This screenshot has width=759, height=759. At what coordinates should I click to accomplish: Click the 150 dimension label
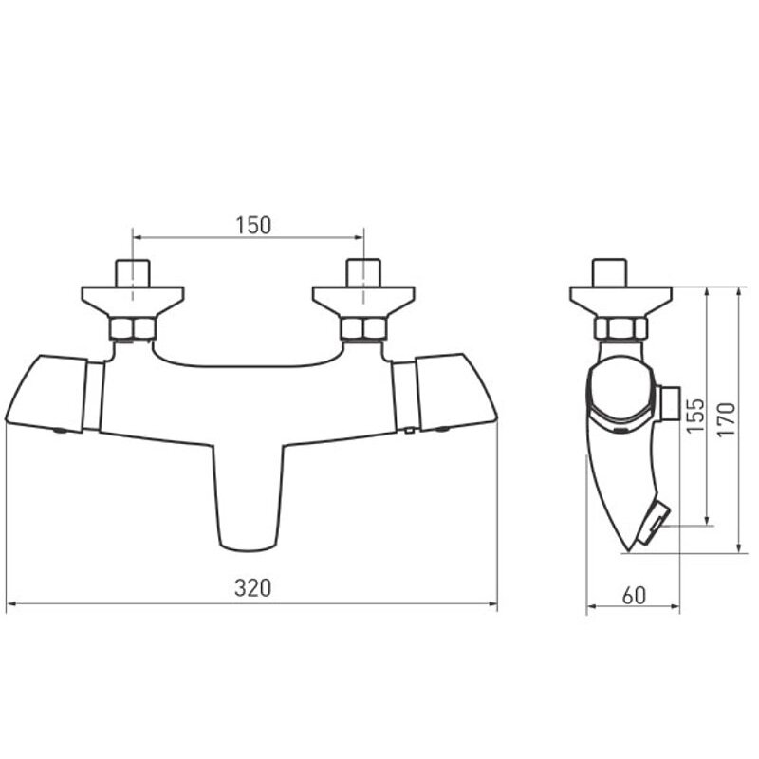pos(253,226)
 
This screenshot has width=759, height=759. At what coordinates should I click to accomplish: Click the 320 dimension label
pos(252,588)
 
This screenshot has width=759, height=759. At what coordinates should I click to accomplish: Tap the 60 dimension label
pos(634,596)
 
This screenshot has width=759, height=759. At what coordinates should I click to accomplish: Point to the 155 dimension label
pos(695,416)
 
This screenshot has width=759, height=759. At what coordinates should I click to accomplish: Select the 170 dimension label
pos(726,420)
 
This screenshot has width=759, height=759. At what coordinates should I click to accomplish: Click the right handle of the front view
pos(456,393)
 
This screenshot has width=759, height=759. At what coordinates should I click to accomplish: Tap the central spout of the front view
pos(249,497)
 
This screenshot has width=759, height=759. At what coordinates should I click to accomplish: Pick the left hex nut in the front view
pos(133,328)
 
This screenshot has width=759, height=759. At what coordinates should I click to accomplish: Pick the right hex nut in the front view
pos(363,328)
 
